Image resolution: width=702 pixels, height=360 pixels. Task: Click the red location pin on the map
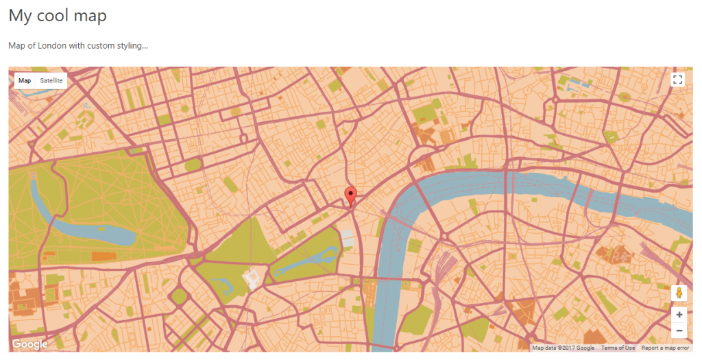(x=351, y=195)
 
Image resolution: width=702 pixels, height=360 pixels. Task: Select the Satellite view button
(x=51, y=81)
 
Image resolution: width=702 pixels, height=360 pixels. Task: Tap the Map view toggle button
(x=25, y=81)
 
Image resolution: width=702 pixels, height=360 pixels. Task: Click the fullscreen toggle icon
(x=678, y=80)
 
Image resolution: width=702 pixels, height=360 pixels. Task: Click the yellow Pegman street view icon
(x=679, y=293)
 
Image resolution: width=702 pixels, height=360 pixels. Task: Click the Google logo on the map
(x=29, y=344)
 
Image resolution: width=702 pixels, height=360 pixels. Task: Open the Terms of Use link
(x=618, y=348)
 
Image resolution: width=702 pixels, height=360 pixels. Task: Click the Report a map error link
(x=665, y=348)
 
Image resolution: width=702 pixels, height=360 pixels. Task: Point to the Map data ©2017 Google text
(x=563, y=348)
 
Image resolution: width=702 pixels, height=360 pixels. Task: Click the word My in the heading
(x=20, y=15)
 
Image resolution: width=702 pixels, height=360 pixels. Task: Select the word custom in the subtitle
(x=102, y=46)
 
